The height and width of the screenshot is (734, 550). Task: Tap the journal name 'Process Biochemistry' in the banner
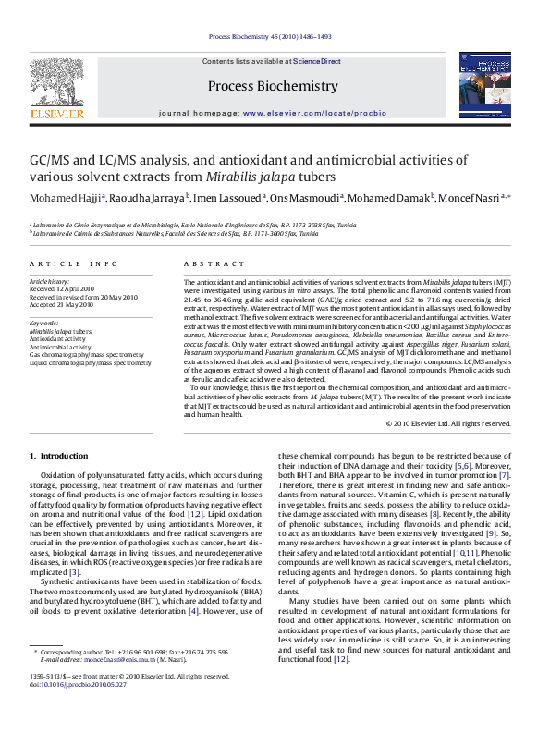tap(273, 86)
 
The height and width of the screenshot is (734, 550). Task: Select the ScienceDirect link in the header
tap(317, 61)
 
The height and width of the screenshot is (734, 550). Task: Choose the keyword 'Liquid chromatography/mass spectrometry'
tap(90, 363)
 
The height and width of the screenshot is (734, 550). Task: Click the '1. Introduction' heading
tap(59, 456)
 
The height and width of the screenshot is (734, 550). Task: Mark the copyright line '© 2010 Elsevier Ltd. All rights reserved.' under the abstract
tap(447, 422)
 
